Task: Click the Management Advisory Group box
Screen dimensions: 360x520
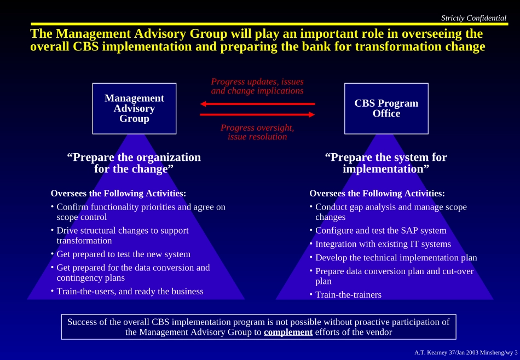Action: pyautogui.click(x=134, y=108)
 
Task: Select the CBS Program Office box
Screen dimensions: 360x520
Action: pyautogui.click(x=386, y=108)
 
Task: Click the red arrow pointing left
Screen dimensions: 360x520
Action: pyautogui.click(x=257, y=103)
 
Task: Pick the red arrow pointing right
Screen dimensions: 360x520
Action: pyautogui.click(x=257, y=114)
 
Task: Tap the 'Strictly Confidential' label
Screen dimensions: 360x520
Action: pyautogui.click(x=473, y=18)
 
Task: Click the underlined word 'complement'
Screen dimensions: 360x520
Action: pyautogui.click(x=288, y=332)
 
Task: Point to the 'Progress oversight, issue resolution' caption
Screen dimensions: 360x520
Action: pyautogui.click(x=257, y=132)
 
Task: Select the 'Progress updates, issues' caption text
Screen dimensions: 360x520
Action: pyautogui.click(x=257, y=82)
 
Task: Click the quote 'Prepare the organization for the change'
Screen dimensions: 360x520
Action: pyautogui.click(x=134, y=163)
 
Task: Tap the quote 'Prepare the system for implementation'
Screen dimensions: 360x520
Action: pyautogui.click(x=386, y=163)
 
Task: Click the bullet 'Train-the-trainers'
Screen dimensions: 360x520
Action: pyautogui.click(x=348, y=295)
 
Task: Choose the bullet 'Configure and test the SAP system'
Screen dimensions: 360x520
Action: pyautogui.click(x=380, y=231)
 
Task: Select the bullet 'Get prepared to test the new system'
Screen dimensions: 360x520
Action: pyautogui.click(x=123, y=254)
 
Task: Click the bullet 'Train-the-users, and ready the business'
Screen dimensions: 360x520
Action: pyautogui.click(x=130, y=292)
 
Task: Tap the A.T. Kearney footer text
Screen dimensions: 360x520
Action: pyautogui.click(x=466, y=352)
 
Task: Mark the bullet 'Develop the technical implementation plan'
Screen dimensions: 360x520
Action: pyautogui.click(x=396, y=258)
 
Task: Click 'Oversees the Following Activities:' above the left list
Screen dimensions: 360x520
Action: pyautogui.click(x=118, y=193)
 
